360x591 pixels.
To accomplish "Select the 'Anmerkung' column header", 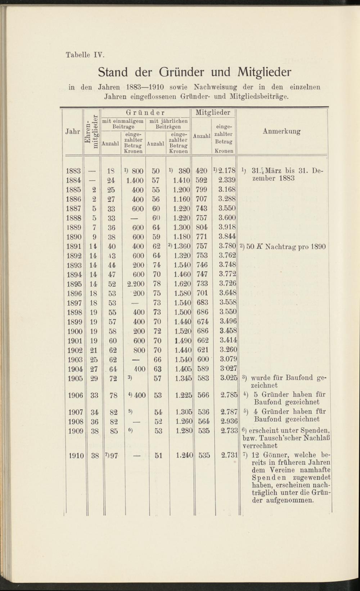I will [282, 131].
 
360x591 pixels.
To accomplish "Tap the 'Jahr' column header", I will [73, 131].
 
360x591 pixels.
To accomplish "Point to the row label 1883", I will [74, 171].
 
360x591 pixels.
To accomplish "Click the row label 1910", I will [76, 456].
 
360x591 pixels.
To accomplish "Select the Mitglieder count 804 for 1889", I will [202, 227].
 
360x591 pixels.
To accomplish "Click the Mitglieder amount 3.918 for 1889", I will [227, 227].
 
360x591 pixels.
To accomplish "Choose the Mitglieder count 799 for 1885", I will [202, 190].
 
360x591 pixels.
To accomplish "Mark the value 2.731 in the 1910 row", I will [229, 456].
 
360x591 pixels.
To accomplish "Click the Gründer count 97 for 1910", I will [114, 456].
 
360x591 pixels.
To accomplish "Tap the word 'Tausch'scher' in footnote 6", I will [282, 438].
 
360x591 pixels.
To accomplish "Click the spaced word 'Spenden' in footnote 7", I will [268, 478].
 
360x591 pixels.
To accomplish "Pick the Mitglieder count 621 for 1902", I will [203, 350].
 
